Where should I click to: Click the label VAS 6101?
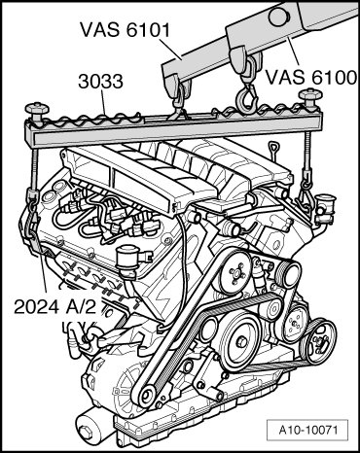pos(126,30)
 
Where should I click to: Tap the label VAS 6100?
pos(311,78)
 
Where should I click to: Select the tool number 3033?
pos(100,82)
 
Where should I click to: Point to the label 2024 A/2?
pos(55,306)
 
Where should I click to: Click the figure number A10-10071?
pos(308,431)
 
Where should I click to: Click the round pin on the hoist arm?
pos(276,17)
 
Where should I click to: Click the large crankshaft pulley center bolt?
pos(240,341)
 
